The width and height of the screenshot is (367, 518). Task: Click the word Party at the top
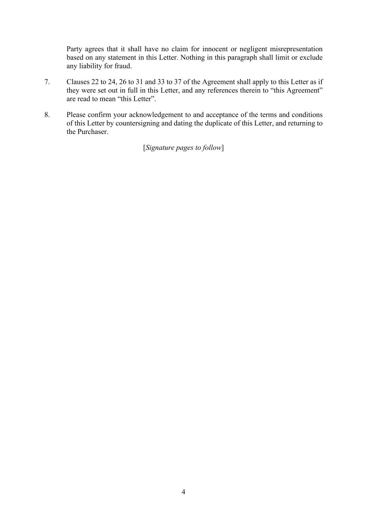tap(74, 49)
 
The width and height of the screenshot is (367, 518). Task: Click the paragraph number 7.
tap(47, 82)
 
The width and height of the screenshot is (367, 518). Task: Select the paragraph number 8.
tap(47, 115)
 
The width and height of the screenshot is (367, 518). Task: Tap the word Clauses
tap(78, 82)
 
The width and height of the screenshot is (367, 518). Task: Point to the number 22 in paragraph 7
tap(95, 82)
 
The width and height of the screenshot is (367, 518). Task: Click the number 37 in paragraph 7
tap(177, 82)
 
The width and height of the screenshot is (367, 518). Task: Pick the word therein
tap(249, 91)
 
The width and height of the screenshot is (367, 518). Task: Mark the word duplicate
tap(218, 123)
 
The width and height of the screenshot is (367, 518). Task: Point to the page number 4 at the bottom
tap(183, 492)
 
